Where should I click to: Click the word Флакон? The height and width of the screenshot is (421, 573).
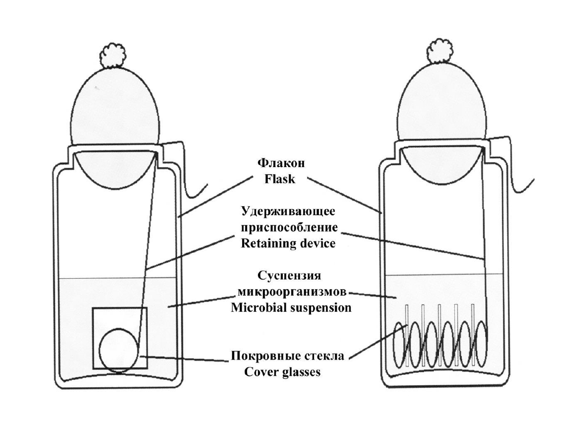point(281,164)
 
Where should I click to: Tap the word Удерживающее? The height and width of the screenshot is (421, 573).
point(288,213)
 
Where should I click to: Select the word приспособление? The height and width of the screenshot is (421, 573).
point(288,228)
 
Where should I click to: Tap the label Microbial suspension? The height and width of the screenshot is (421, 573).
point(291,307)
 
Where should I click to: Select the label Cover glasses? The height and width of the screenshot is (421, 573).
point(282,371)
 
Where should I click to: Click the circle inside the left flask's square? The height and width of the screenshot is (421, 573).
point(119,349)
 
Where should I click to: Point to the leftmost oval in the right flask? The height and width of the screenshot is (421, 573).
point(400,343)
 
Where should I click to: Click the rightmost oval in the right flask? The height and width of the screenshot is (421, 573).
point(480,343)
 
